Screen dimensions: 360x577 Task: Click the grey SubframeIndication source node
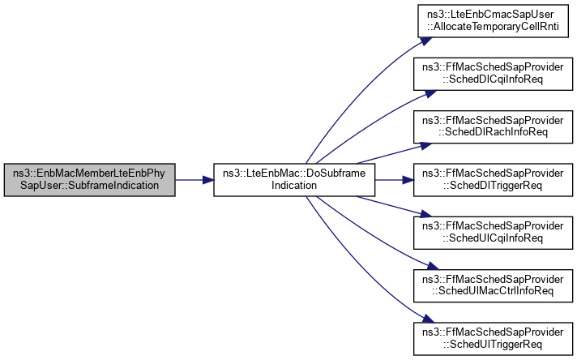click(x=90, y=179)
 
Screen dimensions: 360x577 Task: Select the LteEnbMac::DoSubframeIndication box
click(x=293, y=179)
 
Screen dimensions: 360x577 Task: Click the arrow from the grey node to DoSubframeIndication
click(x=194, y=179)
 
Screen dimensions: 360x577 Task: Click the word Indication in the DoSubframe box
click(x=293, y=185)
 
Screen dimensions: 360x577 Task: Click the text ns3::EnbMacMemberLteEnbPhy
click(x=90, y=174)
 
